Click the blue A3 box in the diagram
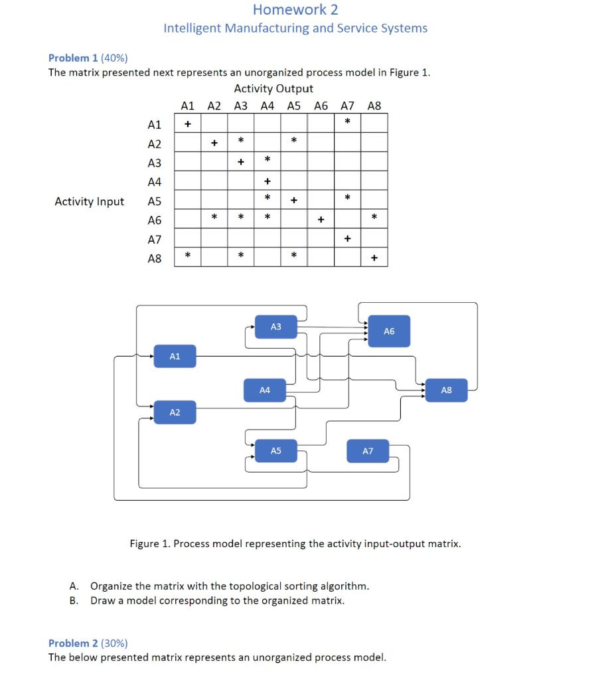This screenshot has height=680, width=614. click(x=276, y=327)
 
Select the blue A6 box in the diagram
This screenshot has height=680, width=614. click(x=389, y=331)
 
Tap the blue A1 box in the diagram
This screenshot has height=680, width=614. click(x=175, y=357)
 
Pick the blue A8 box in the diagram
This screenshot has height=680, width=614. click(x=446, y=390)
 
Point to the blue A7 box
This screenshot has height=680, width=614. click(x=368, y=451)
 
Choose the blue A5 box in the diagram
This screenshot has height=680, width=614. click(x=276, y=451)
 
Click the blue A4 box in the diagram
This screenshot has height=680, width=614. click(x=265, y=390)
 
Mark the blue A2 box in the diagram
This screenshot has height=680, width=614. click(x=175, y=413)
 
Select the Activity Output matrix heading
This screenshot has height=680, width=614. click(x=273, y=88)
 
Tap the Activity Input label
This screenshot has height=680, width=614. click(x=89, y=201)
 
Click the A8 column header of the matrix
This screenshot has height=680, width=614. click(x=374, y=105)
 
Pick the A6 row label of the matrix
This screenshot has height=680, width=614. click(x=154, y=220)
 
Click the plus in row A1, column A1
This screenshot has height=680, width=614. click(x=188, y=124)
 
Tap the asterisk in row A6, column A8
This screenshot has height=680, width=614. click(x=374, y=216)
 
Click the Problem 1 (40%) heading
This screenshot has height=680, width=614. click(x=88, y=58)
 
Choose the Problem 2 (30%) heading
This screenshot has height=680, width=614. click(x=88, y=643)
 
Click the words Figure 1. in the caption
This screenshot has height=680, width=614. click(x=149, y=544)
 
